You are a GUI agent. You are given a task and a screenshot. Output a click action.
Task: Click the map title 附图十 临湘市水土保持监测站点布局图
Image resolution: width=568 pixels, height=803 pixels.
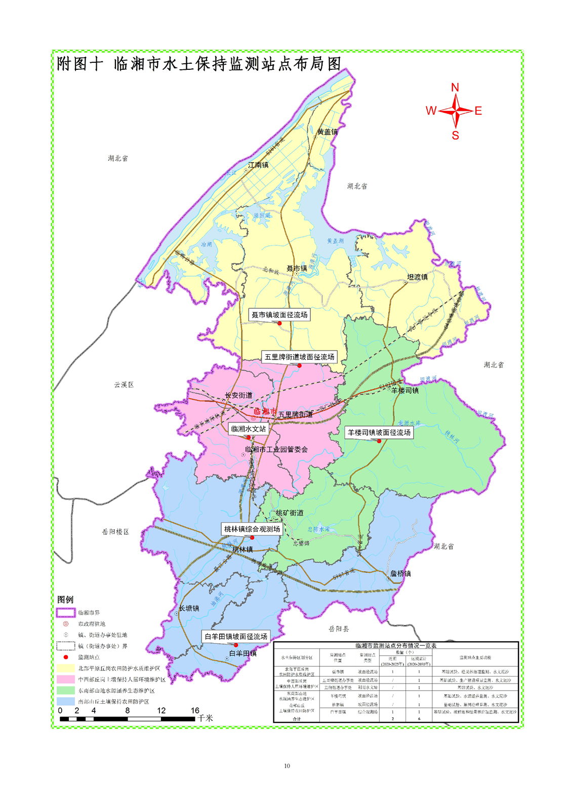(x=199, y=64)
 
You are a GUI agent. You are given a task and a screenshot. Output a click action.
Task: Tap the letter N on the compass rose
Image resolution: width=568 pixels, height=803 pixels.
(x=455, y=88)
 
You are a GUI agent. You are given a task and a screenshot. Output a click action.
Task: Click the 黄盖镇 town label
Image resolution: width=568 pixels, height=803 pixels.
(x=327, y=132)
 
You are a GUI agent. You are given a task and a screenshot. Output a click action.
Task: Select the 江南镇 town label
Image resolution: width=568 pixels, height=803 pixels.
(x=258, y=165)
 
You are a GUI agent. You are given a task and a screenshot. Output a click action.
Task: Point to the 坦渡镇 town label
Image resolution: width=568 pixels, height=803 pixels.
(x=418, y=277)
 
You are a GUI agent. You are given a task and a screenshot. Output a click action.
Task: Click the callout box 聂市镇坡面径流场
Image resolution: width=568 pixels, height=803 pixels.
(x=279, y=315)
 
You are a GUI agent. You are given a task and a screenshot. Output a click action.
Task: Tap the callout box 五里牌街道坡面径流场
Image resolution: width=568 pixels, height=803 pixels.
(x=299, y=357)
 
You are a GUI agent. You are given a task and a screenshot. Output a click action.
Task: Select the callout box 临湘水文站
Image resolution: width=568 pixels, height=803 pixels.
(x=248, y=429)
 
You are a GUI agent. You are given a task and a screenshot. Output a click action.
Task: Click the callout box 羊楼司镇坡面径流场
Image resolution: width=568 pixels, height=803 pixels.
(x=379, y=433)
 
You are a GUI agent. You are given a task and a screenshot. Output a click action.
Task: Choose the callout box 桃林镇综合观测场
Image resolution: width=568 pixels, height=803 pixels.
(x=252, y=529)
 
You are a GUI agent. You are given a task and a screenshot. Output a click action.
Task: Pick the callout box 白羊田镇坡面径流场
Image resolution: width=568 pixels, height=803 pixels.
(x=235, y=636)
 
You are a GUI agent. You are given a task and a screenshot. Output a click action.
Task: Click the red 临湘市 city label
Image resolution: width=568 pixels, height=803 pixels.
(x=265, y=411)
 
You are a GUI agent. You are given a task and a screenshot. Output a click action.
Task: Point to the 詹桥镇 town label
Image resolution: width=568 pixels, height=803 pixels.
(x=400, y=574)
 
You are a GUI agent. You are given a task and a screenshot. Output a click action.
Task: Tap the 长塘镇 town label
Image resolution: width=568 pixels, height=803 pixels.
(x=189, y=608)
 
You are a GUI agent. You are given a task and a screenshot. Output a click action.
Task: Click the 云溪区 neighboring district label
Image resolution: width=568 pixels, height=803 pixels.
(x=124, y=385)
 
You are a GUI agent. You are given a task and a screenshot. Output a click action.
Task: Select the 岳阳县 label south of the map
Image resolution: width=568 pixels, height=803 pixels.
(x=339, y=629)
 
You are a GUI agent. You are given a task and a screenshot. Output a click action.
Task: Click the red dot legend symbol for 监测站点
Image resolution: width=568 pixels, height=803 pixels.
(x=66, y=657)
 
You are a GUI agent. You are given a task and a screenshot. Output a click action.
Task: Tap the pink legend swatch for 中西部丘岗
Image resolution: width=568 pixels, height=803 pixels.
(x=66, y=680)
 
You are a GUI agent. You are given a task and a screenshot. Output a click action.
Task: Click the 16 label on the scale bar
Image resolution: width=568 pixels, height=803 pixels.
(x=195, y=710)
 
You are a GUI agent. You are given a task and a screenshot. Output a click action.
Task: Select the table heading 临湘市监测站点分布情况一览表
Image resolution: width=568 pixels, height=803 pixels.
(x=396, y=646)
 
